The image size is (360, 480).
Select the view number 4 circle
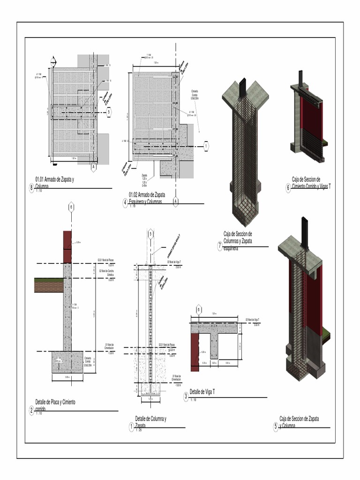click(125, 202)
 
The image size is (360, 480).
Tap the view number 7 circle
click(220, 246)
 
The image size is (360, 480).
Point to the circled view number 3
click(186, 397)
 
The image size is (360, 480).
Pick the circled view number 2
click(31, 411)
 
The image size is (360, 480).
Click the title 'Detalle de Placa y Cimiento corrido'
click(55, 405)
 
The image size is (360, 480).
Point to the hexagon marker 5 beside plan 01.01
click(109, 112)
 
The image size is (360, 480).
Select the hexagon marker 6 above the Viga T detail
click(199, 309)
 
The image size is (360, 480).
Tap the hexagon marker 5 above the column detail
click(150, 234)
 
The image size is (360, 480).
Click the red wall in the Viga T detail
click(195, 352)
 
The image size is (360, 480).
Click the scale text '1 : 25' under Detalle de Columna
click(138, 430)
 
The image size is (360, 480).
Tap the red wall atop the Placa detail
click(67, 247)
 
